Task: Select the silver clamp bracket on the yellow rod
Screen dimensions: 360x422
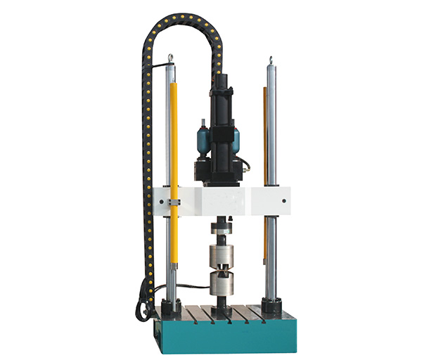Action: coord(173,203)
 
